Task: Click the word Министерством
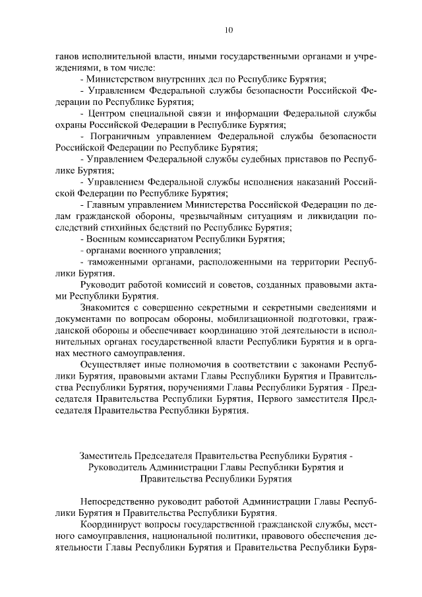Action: (117, 79)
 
